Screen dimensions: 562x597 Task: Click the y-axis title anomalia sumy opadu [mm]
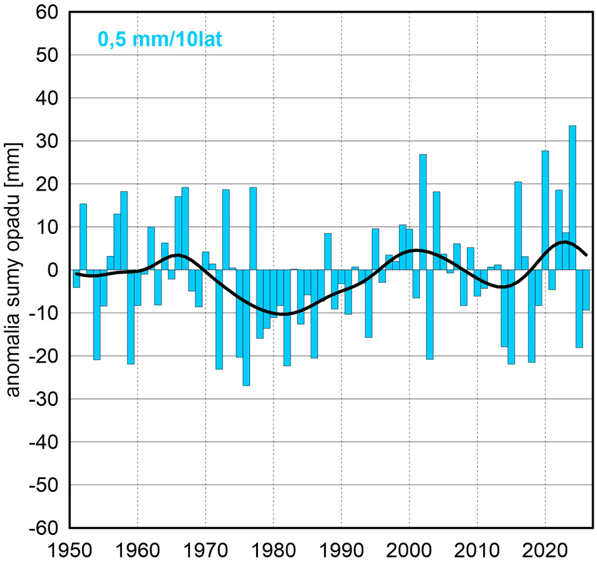(13, 270)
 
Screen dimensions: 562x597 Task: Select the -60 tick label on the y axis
(42, 528)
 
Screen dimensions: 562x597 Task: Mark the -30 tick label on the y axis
(42, 399)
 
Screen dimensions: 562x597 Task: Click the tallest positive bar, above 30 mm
(572, 197)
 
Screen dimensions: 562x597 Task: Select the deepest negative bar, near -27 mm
(247, 327)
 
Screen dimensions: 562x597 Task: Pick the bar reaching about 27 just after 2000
(423, 212)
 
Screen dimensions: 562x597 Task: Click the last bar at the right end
(586, 290)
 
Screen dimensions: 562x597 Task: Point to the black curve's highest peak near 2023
(563, 242)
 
